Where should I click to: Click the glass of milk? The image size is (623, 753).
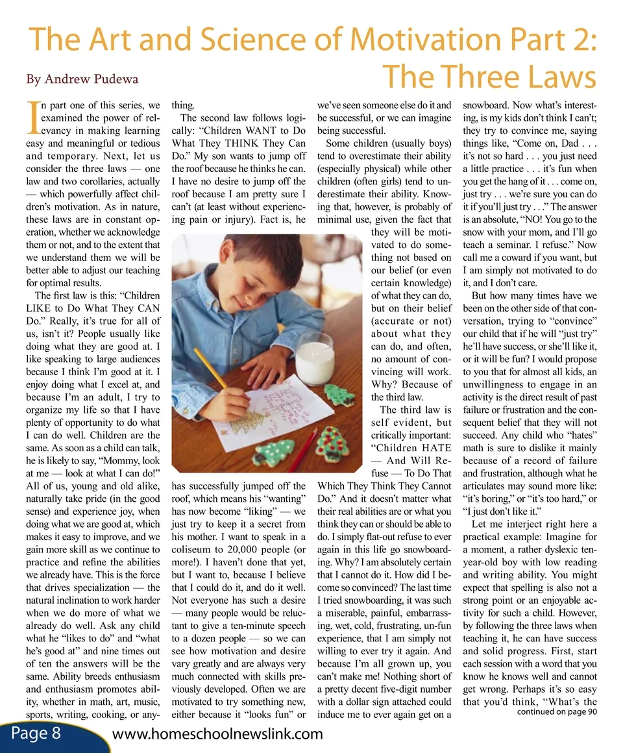(x=314, y=358)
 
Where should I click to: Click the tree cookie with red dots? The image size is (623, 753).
(x=333, y=443)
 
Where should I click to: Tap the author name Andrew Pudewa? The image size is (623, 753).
(x=82, y=79)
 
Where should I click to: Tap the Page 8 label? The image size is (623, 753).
(x=36, y=734)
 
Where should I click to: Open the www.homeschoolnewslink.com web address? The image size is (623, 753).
(x=217, y=734)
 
